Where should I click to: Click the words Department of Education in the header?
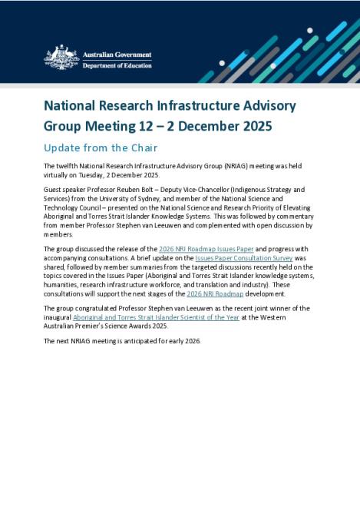(118, 65)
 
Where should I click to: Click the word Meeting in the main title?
(108, 125)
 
